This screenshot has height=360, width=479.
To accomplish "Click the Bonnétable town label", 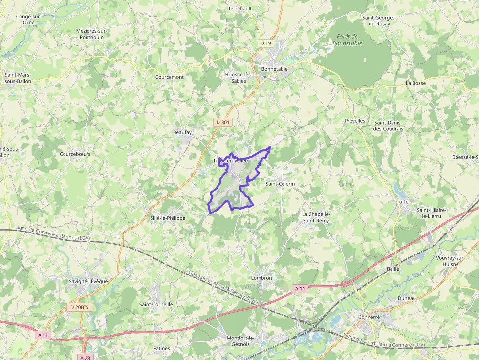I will coord(274,69).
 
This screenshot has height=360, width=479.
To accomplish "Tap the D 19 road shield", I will coord(265,43).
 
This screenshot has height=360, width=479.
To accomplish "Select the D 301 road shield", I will coord(223,122).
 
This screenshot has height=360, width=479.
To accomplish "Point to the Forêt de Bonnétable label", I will coord(348,40).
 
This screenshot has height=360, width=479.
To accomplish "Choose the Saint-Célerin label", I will coord(280,184).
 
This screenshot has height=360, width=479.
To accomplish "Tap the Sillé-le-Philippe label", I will coord(168,218).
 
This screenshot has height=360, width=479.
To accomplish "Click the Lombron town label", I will coord(261,278).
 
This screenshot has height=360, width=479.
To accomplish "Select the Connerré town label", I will coord(369,317).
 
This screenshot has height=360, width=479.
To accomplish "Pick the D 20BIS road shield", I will coord(79,307).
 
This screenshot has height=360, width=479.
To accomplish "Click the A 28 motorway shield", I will coord(85,357).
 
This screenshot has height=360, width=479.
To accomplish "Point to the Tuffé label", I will coord(403,201).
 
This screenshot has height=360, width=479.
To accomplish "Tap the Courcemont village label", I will coord(170,77).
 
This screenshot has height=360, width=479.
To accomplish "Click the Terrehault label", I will coord(240,9).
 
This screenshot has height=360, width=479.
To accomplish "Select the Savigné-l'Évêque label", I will coord(88,281).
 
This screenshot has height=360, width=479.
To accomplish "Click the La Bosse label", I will coord(415,83).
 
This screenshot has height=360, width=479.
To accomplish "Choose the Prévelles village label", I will coord(355,121).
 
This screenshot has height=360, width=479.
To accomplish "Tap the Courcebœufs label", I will coord(75,154).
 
